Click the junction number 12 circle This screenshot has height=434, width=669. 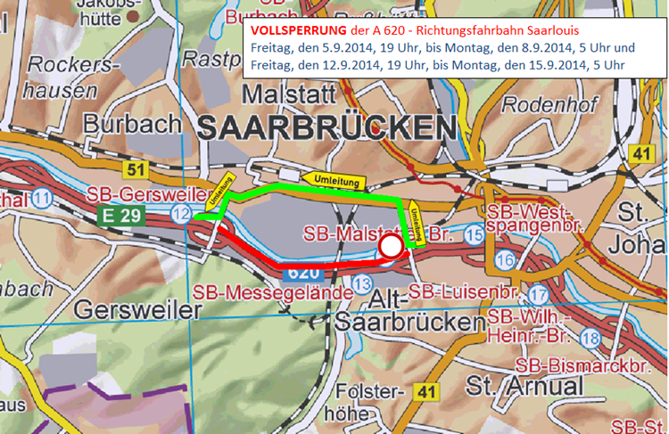click(x=182, y=213)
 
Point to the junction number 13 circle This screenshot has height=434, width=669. click(x=361, y=283)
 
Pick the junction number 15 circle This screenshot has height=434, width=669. click(x=474, y=233)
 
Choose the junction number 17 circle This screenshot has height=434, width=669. click(x=538, y=295)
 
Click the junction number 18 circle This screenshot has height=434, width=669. click(x=590, y=338)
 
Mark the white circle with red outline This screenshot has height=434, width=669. click(x=390, y=247)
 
